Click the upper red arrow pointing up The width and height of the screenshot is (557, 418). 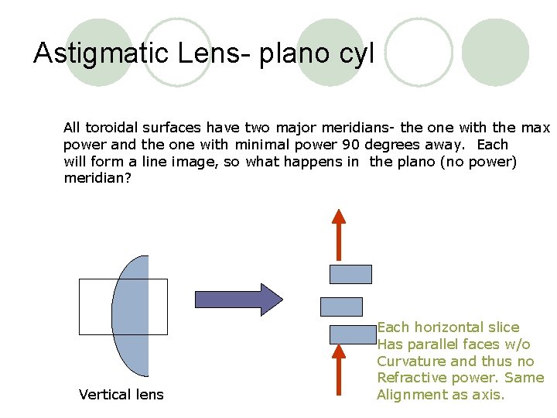pos(338,235)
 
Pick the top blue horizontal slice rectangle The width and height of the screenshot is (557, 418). pos(350,274)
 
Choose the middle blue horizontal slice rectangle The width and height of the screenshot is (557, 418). pos(341,306)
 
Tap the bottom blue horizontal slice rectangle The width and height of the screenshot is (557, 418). pos(353,334)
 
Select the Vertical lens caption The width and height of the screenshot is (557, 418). pos(121,395)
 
